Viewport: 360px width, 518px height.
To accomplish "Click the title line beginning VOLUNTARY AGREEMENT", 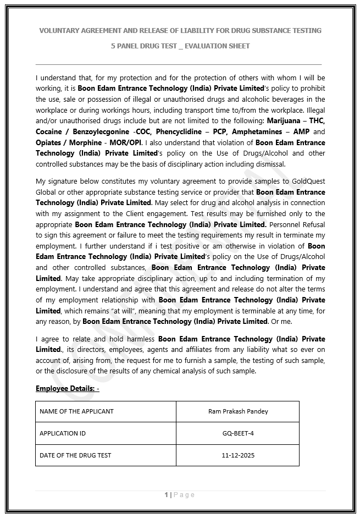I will (x=180, y=30).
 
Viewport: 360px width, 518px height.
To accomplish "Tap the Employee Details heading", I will (x=67, y=389).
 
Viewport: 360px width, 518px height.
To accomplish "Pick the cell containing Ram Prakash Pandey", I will (x=238, y=411).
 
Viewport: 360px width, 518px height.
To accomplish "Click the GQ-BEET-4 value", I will (x=238, y=433).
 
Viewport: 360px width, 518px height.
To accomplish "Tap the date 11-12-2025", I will (x=238, y=455).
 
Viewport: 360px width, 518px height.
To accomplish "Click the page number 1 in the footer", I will (x=166, y=495).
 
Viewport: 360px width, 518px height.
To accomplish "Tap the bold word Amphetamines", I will (x=255, y=132).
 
